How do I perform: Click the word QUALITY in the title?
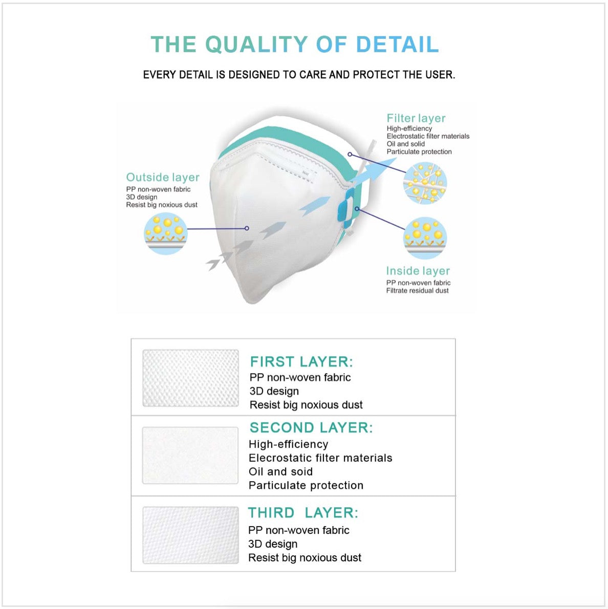pos(256,44)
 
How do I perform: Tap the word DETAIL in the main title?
pos(398,44)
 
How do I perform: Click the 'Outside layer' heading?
pos(162,178)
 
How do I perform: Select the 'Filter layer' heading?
pos(416,118)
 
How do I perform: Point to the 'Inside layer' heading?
pos(418,271)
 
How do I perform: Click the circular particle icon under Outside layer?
pos(165,234)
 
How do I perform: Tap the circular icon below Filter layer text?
pos(425,183)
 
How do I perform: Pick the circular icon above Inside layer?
pos(425,238)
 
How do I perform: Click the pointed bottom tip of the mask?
pos(252,301)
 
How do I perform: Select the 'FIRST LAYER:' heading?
pos(301,362)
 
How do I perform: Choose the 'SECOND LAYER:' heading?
pos(311,428)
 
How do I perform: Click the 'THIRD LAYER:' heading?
pos(303,513)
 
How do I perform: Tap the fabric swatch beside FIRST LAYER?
pos(190,378)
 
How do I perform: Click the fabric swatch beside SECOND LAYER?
pos(190,455)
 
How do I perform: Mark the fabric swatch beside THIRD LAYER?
pos(190,535)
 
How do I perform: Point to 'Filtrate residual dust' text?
pos(417,291)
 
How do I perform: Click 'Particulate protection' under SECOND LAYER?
pos(306,486)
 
